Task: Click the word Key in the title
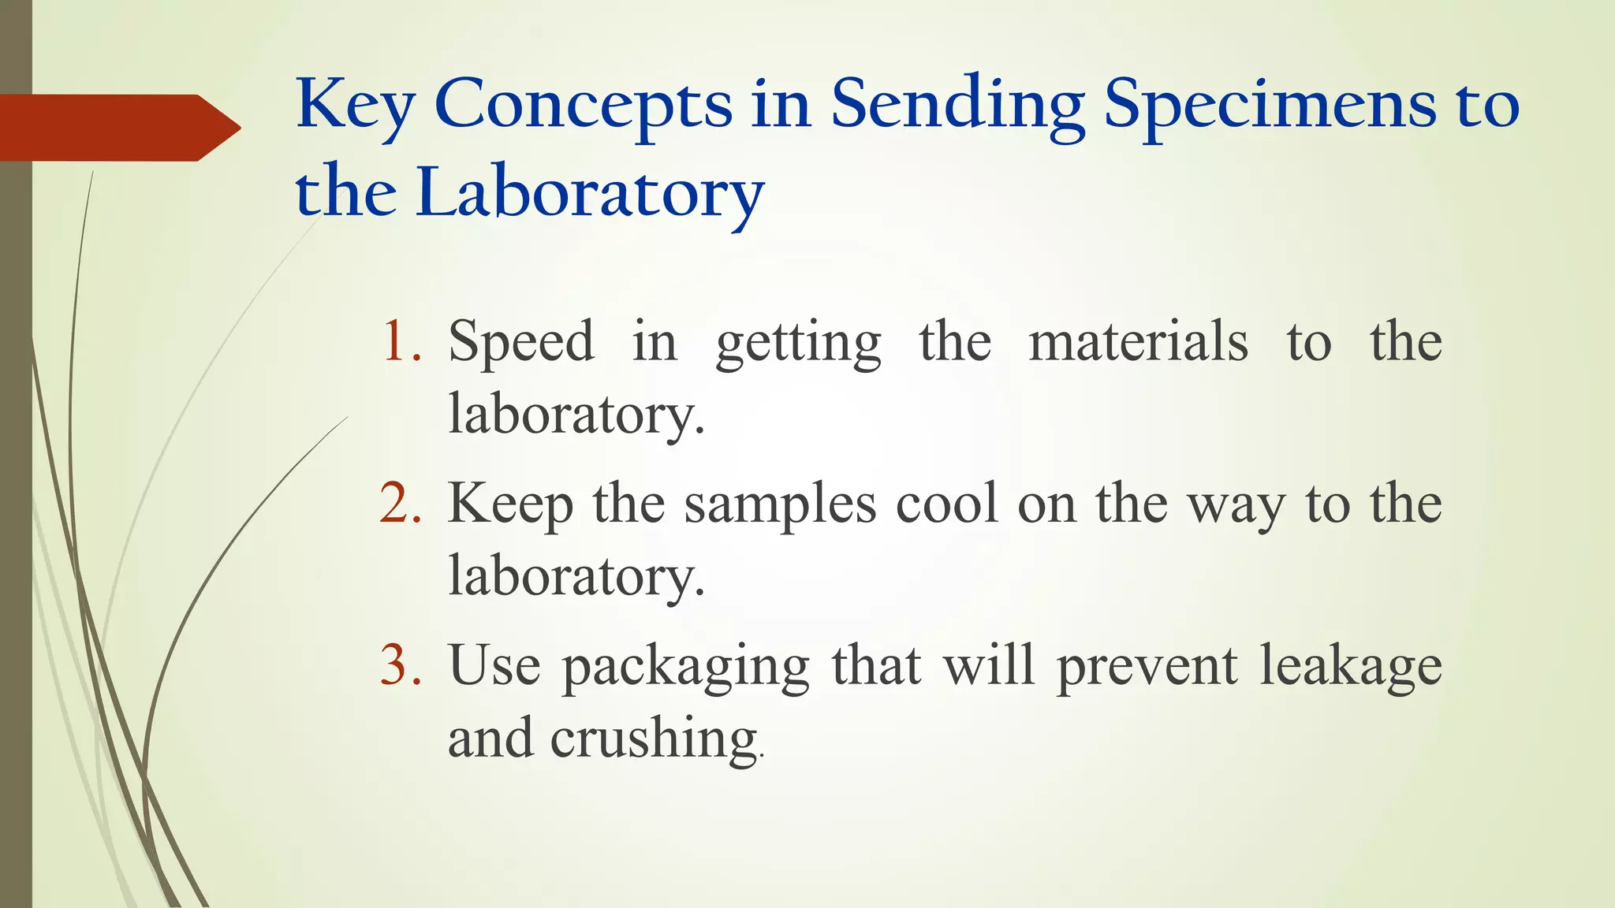(x=355, y=106)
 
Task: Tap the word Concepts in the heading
(x=583, y=106)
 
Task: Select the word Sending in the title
(x=957, y=106)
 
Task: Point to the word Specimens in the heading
(x=1270, y=106)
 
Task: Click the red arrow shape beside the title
(x=118, y=128)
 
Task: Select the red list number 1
(x=401, y=342)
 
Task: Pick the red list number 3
(x=401, y=665)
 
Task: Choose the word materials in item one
(x=1139, y=342)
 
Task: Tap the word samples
(x=779, y=504)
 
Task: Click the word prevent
(x=1147, y=667)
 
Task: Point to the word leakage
(x=1350, y=667)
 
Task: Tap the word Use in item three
(x=494, y=665)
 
